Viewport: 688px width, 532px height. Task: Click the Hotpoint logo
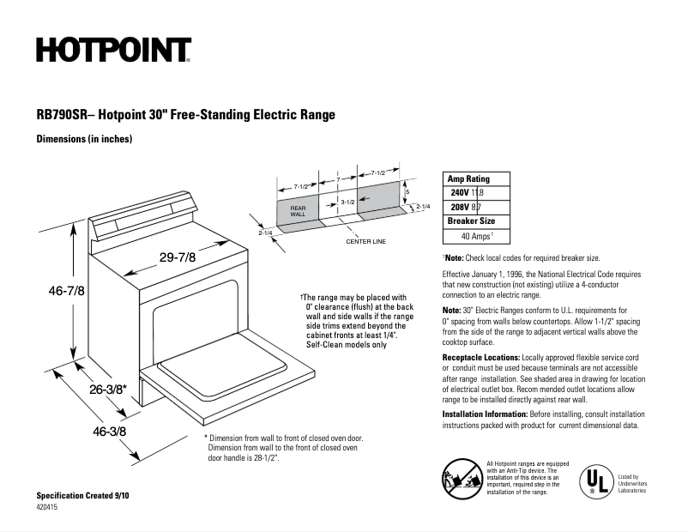coord(113,51)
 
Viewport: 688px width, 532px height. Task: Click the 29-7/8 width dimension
coord(178,257)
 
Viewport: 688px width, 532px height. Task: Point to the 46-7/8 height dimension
coord(66,291)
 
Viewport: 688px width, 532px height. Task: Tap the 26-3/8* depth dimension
coord(108,389)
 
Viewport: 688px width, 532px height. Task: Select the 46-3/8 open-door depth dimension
coord(109,432)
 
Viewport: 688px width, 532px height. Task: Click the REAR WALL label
coord(298,211)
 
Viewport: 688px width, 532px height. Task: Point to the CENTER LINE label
coord(366,242)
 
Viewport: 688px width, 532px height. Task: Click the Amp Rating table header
coord(468,179)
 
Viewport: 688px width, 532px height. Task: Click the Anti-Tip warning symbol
coord(461,476)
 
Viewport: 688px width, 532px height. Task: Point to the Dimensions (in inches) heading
coord(84,139)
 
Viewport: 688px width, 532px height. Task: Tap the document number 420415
coord(48,508)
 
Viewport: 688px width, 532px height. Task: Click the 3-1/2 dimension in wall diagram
coord(347,202)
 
